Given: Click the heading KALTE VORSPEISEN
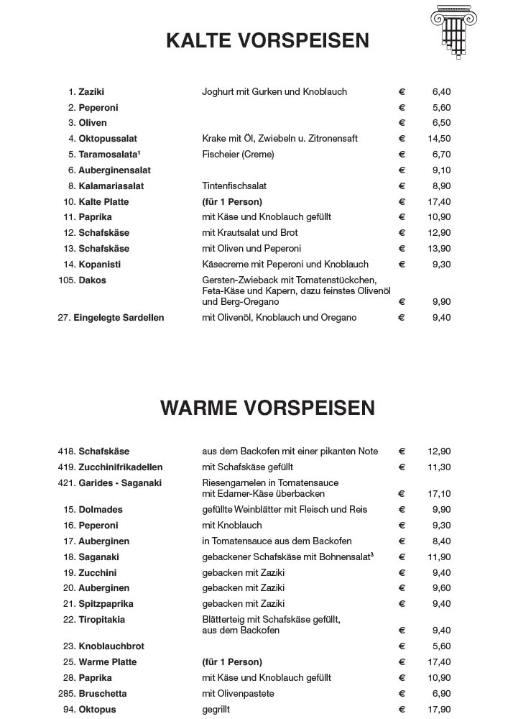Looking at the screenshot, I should coord(267,40).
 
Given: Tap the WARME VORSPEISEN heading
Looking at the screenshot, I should coord(267,408).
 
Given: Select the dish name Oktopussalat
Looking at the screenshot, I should coord(108,139).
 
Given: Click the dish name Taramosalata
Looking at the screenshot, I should coord(108,155).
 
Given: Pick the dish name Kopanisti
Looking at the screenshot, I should coord(100,265).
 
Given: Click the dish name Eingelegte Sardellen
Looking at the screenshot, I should coord(119,318).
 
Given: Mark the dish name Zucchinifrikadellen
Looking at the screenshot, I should coord(121,467).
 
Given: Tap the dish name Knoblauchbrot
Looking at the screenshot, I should coord(111,646).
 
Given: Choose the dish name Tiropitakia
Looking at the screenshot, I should coord(102,620).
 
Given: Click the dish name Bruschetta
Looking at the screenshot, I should coord(103,694).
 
